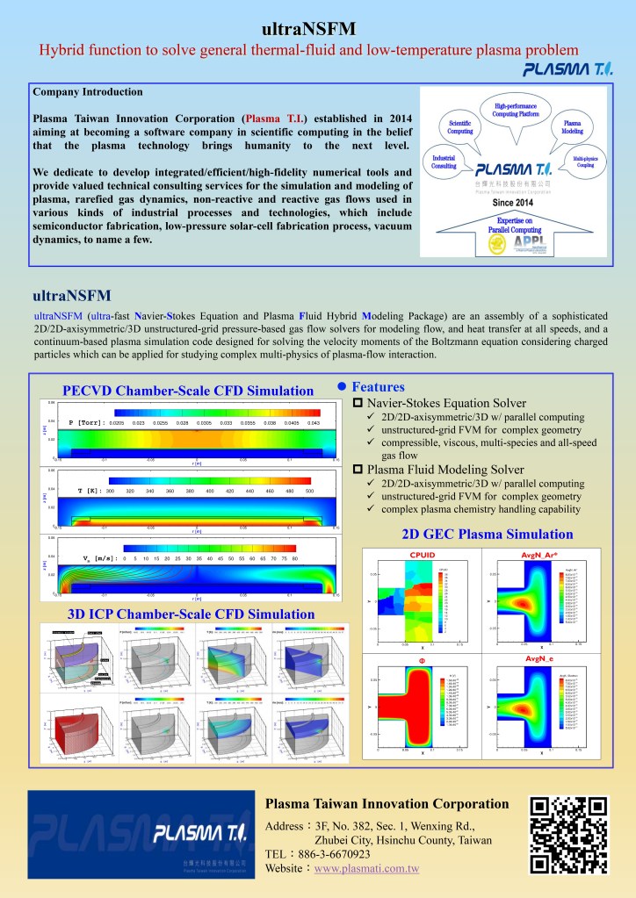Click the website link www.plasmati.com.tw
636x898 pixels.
[x=366, y=868]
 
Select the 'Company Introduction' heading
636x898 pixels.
[x=87, y=92]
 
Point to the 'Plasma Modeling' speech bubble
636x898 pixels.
[x=572, y=126]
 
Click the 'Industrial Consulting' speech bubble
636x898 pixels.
[x=444, y=160]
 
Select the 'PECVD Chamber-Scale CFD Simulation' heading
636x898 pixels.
[x=188, y=391]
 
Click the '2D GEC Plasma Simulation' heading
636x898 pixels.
[x=474, y=534]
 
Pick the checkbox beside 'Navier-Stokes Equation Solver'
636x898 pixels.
[x=358, y=402]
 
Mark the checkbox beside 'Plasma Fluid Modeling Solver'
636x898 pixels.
[x=358, y=471]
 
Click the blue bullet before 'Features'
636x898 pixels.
[x=343, y=387]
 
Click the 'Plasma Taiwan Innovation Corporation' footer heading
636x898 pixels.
[x=387, y=803]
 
